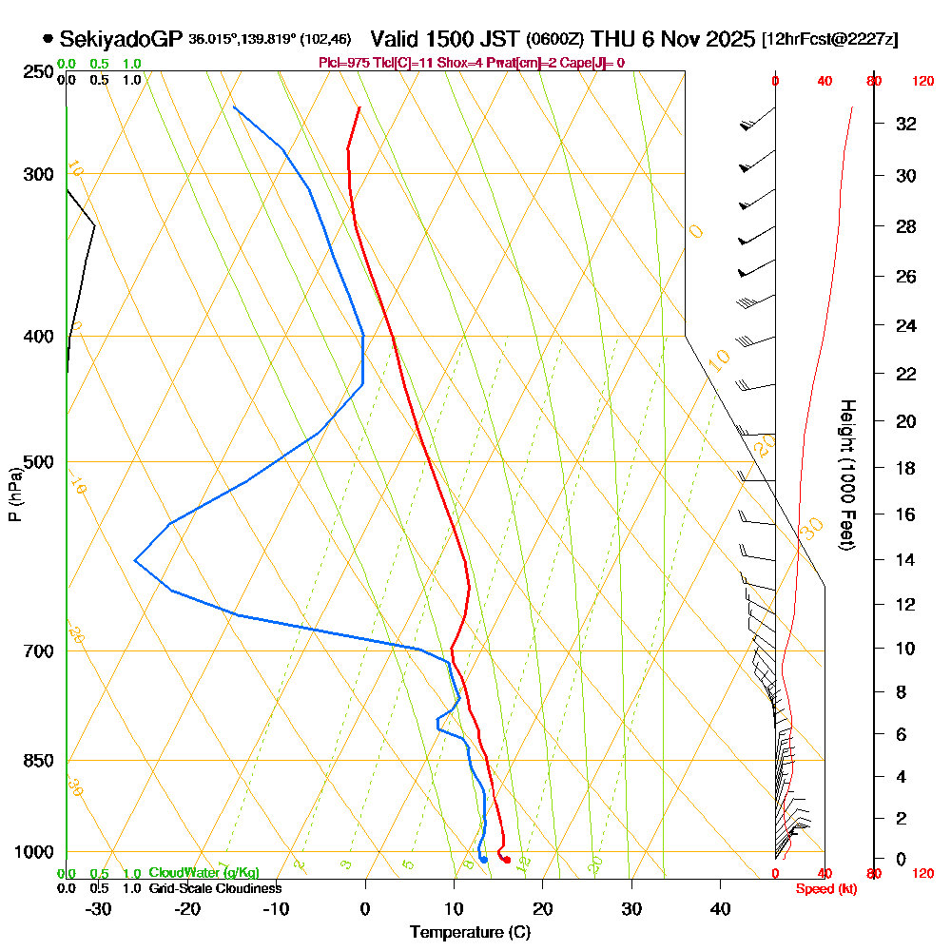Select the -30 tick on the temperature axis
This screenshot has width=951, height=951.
pyautogui.click(x=99, y=909)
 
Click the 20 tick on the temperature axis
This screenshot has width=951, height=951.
pyautogui.click(x=543, y=909)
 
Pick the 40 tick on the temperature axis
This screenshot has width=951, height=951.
pyautogui.click(x=721, y=909)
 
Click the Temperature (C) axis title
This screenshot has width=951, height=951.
pyautogui.click(x=470, y=932)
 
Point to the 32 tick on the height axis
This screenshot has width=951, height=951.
pyautogui.click(x=906, y=124)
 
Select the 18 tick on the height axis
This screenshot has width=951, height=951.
pyautogui.click(x=906, y=468)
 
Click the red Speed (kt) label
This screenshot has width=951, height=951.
pyautogui.click(x=824, y=889)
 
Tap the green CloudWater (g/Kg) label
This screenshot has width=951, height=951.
pyautogui.click(x=203, y=873)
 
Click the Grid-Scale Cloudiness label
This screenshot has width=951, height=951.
pyautogui.click(x=214, y=888)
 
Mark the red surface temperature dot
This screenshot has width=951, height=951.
pyautogui.click(x=507, y=860)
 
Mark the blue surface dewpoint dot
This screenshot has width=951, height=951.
pyautogui.click(x=484, y=860)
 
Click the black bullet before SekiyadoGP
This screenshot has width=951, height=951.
pyautogui.click(x=48, y=39)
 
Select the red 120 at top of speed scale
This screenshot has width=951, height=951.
pyautogui.click(x=922, y=82)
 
